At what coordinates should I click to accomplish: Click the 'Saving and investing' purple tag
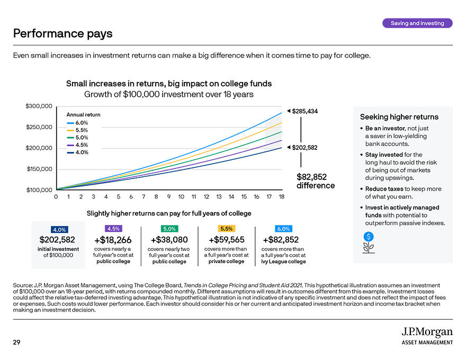pyautogui.click(x=417, y=23)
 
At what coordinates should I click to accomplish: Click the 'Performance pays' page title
pyautogui.click(x=63, y=34)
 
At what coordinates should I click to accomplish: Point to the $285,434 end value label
pyautogui.click(x=304, y=111)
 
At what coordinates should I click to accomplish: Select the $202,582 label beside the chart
pyautogui.click(x=304, y=147)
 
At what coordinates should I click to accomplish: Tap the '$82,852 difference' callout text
pyautogui.click(x=311, y=181)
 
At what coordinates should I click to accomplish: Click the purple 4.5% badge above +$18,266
pyautogui.click(x=113, y=229)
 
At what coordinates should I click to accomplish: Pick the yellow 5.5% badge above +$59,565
pyautogui.click(x=226, y=229)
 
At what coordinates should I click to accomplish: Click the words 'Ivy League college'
pyautogui.click(x=283, y=262)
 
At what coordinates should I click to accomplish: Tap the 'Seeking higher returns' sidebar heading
pyautogui.click(x=399, y=117)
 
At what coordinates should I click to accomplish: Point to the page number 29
pyautogui.click(x=16, y=343)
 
